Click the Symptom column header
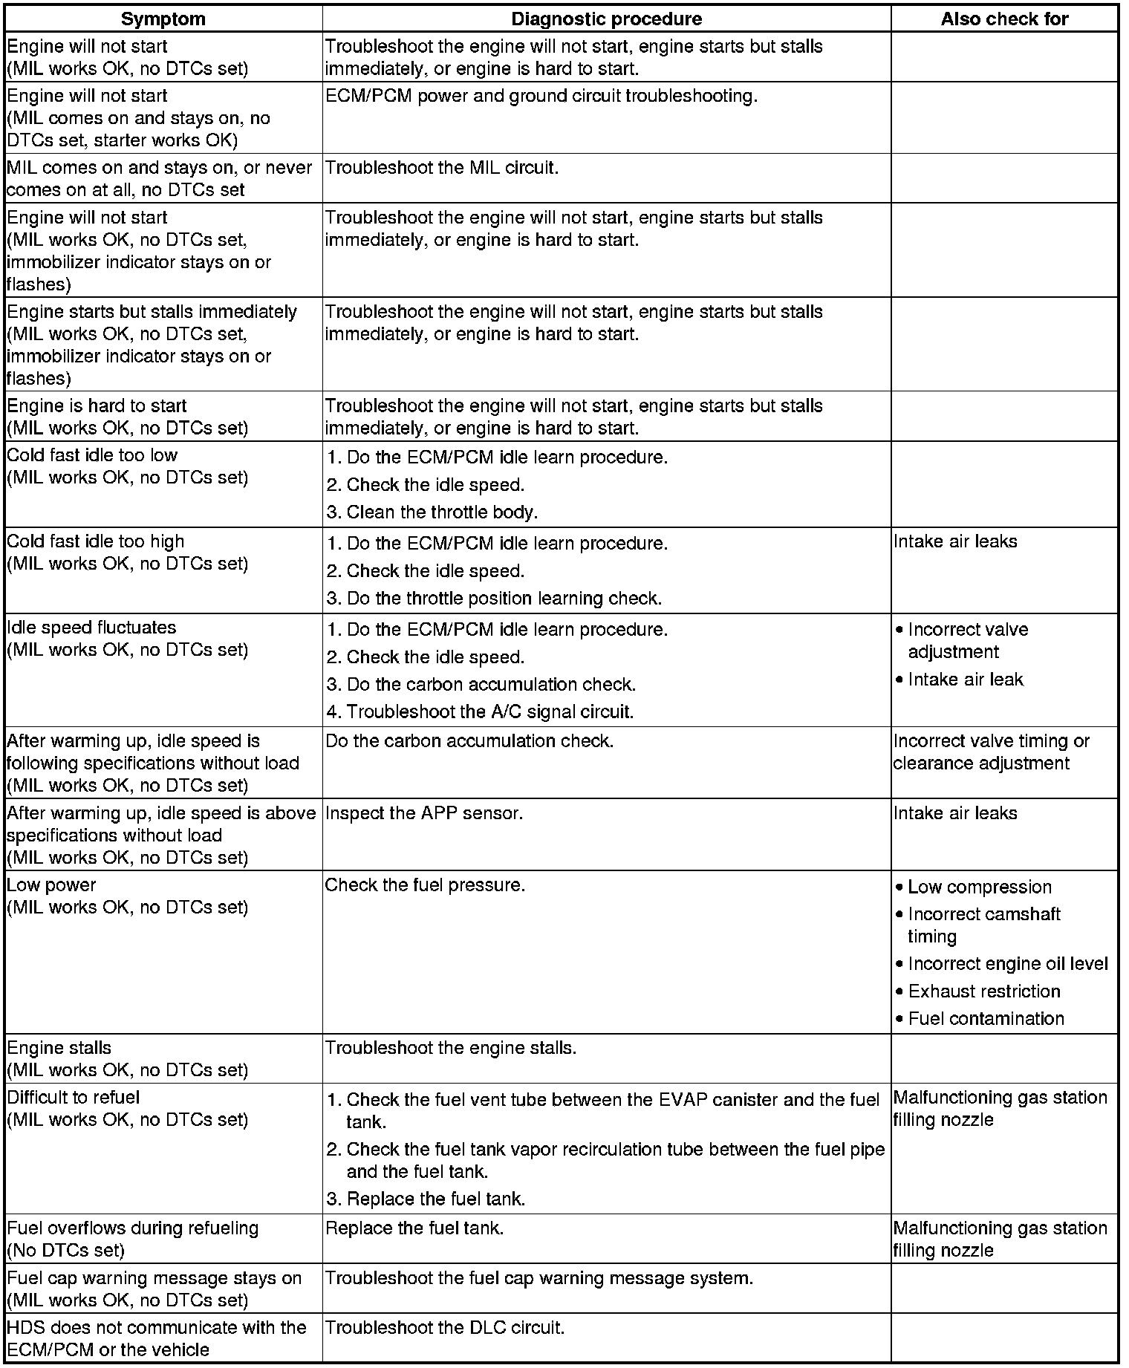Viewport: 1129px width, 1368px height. tap(163, 19)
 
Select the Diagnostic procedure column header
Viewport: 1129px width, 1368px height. tap(606, 19)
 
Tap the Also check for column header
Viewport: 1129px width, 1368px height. tap(1004, 19)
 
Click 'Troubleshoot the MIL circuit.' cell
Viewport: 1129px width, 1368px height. tap(442, 168)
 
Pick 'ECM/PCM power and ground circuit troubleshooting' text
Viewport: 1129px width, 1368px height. tap(541, 96)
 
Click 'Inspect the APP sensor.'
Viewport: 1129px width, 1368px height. tap(424, 813)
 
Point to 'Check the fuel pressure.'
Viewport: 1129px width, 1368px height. tap(425, 885)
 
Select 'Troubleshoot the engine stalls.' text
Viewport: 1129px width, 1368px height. tap(451, 1048)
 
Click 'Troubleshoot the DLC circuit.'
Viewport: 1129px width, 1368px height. tap(445, 1327)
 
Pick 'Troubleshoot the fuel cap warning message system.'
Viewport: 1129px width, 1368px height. tap(539, 1278)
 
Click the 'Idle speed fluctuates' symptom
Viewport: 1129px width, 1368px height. tap(91, 628)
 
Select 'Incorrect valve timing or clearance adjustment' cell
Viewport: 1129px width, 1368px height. tap(991, 752)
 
